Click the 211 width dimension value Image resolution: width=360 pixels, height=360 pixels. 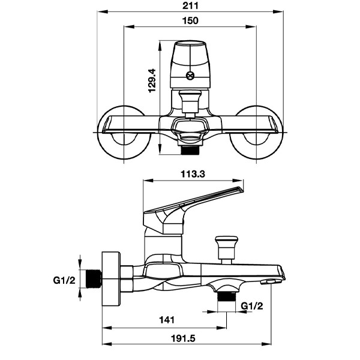point(190,6)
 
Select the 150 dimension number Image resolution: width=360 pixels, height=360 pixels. point(190,20)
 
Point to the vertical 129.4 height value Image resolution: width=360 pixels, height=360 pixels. point(152,81)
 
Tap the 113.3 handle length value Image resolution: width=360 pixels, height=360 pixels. point(193,174)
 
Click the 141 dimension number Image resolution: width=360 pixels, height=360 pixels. point(167,320)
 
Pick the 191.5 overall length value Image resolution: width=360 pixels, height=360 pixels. point(183,338)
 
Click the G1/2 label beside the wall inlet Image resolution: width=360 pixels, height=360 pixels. point(64,280)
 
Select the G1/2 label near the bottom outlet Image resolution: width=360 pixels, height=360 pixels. point(252,306)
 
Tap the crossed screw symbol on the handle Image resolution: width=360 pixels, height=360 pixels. point(190,76)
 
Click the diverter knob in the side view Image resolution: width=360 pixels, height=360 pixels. point(226,250)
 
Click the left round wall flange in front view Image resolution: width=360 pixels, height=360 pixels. point(124,133)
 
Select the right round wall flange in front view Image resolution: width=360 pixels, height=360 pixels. point(256,133)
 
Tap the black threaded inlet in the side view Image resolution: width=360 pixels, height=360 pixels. point(94,278)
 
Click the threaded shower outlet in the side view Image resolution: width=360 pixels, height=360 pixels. point(227,296)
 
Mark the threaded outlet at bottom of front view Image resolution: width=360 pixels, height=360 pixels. point(190,151)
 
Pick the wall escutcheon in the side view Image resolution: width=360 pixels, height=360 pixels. point(111,279)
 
